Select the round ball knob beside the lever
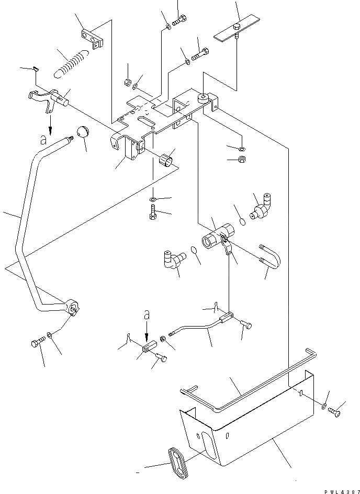(83, 133)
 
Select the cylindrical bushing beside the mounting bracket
(166, 158)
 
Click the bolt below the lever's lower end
(37, 343)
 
